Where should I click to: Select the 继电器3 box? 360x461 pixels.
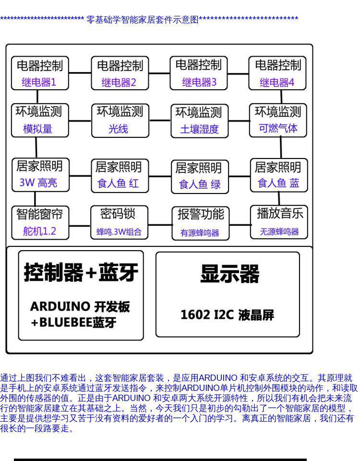[199, 73]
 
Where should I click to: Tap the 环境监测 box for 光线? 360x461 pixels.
[120, 120]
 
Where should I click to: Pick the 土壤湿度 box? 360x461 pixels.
[199, 121]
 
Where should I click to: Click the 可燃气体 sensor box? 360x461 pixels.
[278, 120]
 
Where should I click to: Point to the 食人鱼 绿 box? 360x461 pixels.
[199, 176]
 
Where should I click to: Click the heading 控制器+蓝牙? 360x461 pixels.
[81, 273]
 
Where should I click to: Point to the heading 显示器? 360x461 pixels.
[229, 274]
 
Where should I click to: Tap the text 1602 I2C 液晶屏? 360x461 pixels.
[227, 315]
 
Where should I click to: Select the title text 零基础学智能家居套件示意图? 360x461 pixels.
[142, 20]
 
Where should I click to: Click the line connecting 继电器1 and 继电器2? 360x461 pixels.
[80, 73]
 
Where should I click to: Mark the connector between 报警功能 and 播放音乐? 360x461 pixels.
[240, 224]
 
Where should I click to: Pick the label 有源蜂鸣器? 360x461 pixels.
[200, 233]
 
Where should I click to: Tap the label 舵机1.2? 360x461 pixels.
[40, 231]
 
